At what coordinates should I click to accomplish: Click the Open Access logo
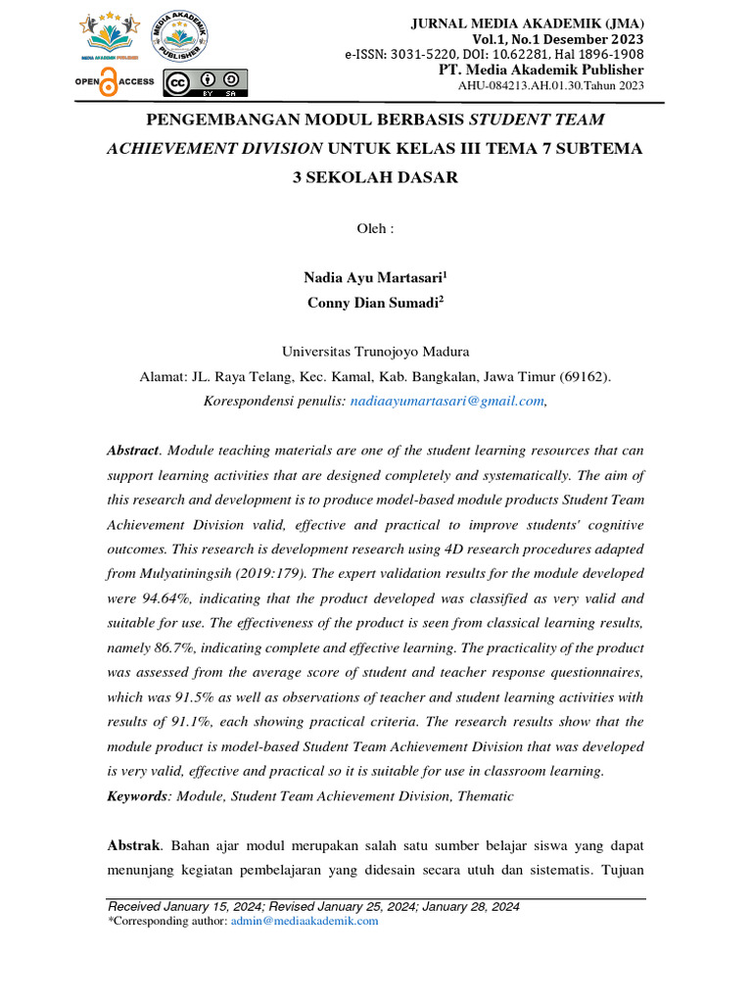click(x=114, y=82)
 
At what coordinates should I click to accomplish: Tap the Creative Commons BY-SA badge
click(x=206, y=84)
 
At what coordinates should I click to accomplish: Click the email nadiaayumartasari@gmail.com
click(x=446, y=401)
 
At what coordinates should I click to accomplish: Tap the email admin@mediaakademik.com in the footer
click(x=304, y=922)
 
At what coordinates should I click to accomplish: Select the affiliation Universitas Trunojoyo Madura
click(x=375, y=351)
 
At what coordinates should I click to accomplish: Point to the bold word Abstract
click(x=132, y=450)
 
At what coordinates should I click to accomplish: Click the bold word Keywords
click(x=138, y=796)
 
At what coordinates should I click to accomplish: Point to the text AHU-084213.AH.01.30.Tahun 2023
click(x=551, y=85)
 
